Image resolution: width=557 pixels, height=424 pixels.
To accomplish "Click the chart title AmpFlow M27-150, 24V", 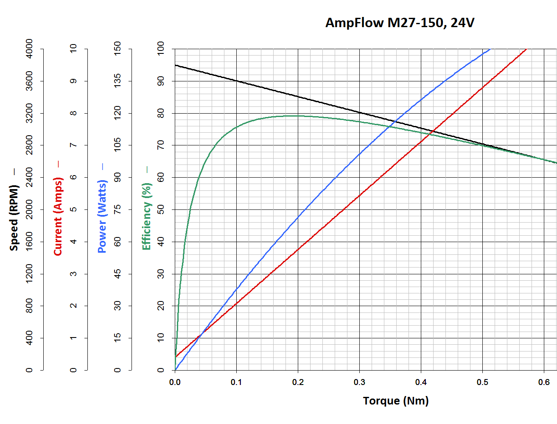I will tap(400, 22).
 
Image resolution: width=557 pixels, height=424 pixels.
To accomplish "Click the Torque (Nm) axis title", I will tap(396, 401).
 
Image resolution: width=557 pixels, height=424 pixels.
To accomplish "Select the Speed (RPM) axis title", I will tap(14, 218).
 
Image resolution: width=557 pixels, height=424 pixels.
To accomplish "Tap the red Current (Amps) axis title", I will tap(58, 216).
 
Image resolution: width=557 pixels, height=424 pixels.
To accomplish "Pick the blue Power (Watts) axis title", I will tap(102, 216).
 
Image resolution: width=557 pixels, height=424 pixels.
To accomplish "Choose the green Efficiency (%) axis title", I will tap(146, 216).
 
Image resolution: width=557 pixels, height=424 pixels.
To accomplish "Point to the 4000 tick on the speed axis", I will tap(29, 49).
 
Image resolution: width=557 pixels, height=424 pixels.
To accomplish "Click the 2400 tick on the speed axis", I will tap(29, 177).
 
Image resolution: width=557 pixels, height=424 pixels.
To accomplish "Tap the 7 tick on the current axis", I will tap(73, 145).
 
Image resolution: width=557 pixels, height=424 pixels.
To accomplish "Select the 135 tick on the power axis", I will tap(118, 81).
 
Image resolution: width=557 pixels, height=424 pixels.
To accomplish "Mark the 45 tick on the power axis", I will tap(118, 273).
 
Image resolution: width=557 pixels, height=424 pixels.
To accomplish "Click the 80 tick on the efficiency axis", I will tap(161, 113).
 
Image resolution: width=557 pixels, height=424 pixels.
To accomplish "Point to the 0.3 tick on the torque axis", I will tap(359, 382).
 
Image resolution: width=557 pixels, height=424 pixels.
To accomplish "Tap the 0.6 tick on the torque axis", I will tap(544, 382).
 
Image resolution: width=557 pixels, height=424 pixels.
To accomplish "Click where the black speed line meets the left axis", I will tap(175, 65).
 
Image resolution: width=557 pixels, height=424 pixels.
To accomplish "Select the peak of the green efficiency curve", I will tap(295, 115).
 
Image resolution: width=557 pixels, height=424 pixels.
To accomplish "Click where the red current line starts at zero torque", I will tap(175, 357).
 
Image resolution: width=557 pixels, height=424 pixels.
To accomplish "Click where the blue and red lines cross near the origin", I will tap(201, 335).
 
